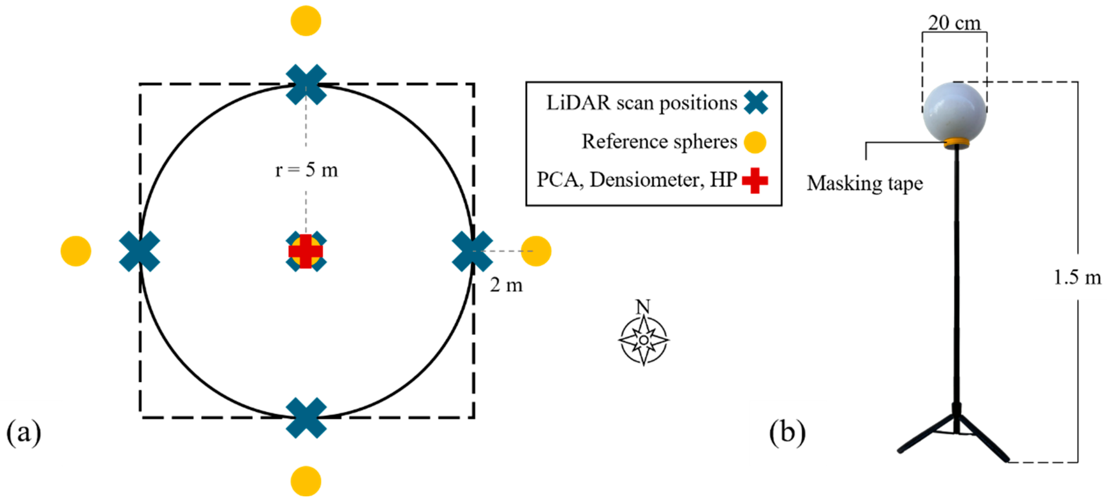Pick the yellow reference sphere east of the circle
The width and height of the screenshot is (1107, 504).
[x=536, y=251]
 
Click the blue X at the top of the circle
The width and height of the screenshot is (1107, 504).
[x=306, y=85]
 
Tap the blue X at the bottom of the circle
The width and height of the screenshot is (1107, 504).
[x=306, y=417]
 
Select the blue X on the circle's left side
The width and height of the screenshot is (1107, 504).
[x=139, y=251]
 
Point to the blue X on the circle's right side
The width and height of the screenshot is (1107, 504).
[x=472, y=251]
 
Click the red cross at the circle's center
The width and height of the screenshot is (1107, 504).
[x=305, y=251]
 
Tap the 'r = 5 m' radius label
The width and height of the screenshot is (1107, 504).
[x=306, y=170]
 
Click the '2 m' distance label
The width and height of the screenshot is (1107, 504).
[x=506, y=285]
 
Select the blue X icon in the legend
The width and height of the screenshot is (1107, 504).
[x=755, y=103]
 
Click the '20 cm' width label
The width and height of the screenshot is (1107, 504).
[x=954, y=23]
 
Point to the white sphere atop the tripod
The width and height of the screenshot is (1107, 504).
[x=954, y=111]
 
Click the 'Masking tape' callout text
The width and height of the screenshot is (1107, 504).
[x=865, y=184]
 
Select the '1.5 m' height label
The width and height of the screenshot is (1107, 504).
[x=1077, y=278]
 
